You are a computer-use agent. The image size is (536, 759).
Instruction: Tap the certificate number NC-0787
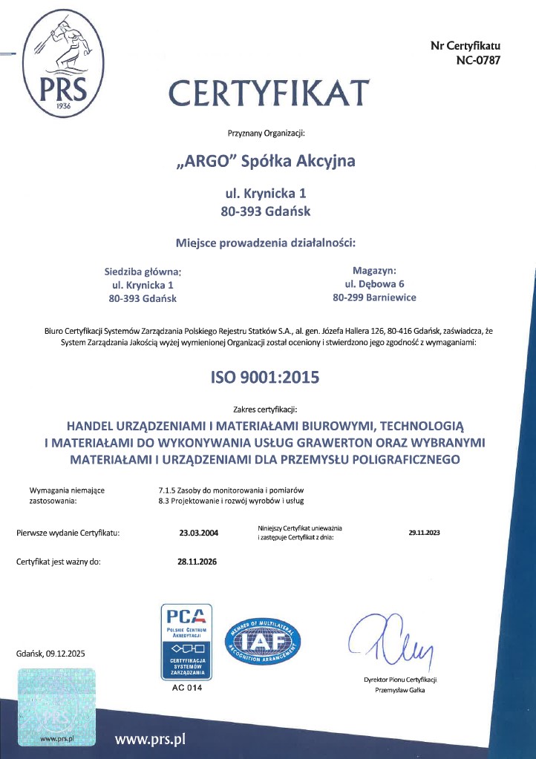[x=478, y=60]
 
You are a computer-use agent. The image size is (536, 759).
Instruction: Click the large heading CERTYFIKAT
[x=268, y=93]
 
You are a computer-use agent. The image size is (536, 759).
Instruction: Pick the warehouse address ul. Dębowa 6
[x=374, y=283]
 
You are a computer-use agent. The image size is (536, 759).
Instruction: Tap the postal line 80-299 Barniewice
[x=374, y=298]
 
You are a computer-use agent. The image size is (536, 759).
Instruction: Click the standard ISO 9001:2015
[x=265, y=377]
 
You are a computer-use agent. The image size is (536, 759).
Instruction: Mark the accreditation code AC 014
[x=186, y=689]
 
